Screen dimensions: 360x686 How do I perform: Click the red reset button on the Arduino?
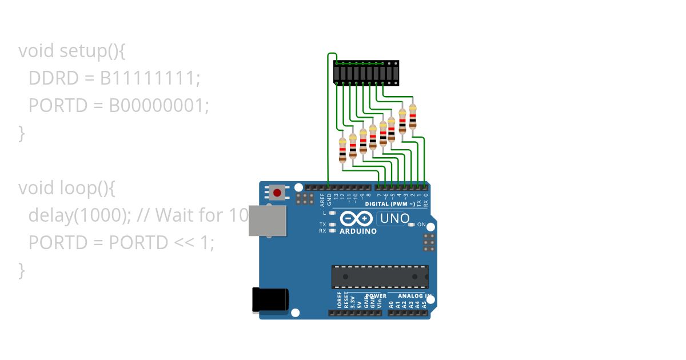pos(277,193)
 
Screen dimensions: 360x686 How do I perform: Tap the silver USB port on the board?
pos(267,221)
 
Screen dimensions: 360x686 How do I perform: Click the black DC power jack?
pos(270,300)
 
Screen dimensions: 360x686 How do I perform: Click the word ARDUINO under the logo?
pos(358,231)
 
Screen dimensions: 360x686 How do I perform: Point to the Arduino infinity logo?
pos(357,219)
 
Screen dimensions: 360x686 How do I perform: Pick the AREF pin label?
pos(322,199)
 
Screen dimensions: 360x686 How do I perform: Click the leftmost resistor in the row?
pos(342,150)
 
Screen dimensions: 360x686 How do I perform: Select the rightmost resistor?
pos(412,117)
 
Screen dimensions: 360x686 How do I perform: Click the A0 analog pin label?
pos(391,304)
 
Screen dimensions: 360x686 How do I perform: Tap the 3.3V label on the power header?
pos(353,302)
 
